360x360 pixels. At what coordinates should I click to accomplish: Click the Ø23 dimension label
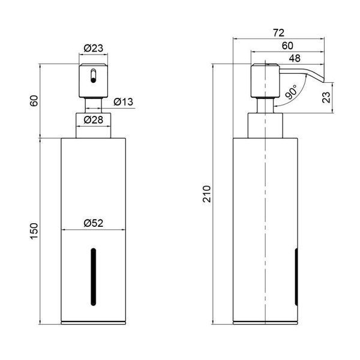tap(94, 48)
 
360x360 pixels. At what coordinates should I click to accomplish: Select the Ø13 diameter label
tap(123, 102)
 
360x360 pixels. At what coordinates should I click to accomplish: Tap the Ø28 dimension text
tap(94, 119)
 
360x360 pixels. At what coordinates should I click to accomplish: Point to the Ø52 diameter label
tap(94, 223)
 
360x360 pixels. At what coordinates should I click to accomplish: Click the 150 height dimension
tap(34, 232)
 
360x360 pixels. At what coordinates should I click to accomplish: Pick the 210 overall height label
tap(206, 194)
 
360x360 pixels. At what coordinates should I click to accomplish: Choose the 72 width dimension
tap(279, 33)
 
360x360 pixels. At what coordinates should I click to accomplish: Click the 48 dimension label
tap(295, 58)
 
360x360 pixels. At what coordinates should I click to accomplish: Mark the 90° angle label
tap(291, 91)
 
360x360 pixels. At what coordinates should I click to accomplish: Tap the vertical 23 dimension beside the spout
tap(326, 97)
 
